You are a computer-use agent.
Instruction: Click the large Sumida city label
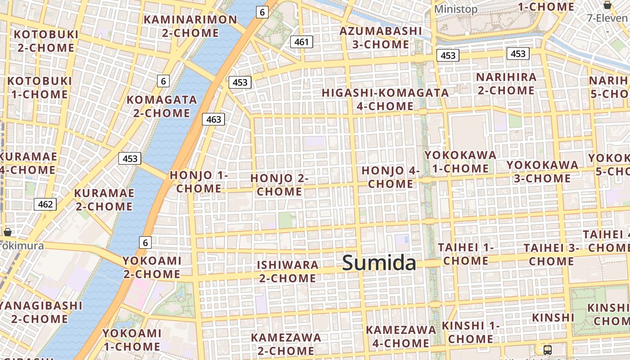pyautogui.click(x=379, y=263)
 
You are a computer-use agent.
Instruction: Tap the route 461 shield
pyautogui.click(x=301, y=42)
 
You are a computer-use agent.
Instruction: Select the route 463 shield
pyautogui.click(x=213, y=119)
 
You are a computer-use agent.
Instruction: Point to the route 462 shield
pyautogui.click(x=45, y=204)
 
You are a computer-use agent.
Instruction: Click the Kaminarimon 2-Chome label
pyautogui.click(x=190, y=26)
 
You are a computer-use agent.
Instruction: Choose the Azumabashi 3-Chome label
pyautogui.click(x=381, y=38)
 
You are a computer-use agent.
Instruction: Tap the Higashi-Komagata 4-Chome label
pyautogui.click(x=385, y=99)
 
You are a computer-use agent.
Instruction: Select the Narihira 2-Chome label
pyautogui.click(x=506, y=84)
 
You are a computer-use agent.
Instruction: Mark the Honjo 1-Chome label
pyautogui.click(x=199, y=182)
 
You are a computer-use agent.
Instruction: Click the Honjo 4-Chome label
pyautogui.click(x=390, y=177)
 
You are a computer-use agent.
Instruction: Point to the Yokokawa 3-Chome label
pyautogui.click(x=542, y=171)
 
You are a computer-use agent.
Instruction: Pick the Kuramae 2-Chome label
pyautogui.click(x=104, y=200)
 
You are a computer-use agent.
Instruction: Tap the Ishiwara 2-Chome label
pyautogui.click(x=288, y=271)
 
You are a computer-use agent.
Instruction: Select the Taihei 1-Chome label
pyautogui.click(x=466, y=254)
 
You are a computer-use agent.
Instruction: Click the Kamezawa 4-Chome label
pyautogui.click(x=400, y=336)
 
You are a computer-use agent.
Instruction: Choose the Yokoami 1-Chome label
pyautogui.click(x=132, y=340)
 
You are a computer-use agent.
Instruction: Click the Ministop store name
pyautogui.click(x=456, y=9)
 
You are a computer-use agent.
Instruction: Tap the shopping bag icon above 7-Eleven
pyautogui.click(x=607, y=5)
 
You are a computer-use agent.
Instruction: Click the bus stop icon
pyautogui.click(x=548, y=350)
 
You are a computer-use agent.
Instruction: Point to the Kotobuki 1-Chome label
pyautogui.click(x=40, y=88)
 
